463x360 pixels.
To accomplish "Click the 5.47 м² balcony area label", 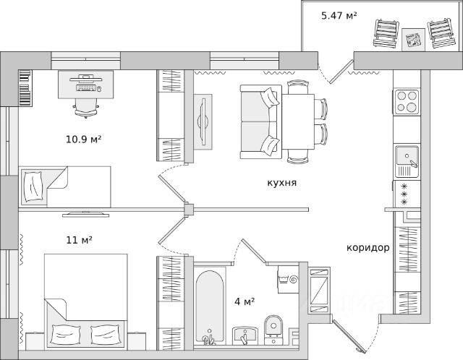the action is (x=339, y=15).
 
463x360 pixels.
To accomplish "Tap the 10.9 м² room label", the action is (x=84, y=139).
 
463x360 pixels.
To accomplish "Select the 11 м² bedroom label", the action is (x=79, y=240).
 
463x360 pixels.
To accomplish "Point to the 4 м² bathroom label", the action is (x=245, y=301).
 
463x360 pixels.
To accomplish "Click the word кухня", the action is (x=282, y=183).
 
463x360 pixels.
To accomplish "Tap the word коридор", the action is (x=368, y=247).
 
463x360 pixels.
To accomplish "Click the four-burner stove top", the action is (x=407, y=101).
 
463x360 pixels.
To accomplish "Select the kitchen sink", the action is (x=407, y=162).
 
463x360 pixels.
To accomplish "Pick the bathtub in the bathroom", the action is (x=209, y=307).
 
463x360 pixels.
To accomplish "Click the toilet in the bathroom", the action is (x=273, y=330).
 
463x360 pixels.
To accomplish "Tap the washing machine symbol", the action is (x=288, y=279).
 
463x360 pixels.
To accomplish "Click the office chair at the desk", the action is (x=86, y=108).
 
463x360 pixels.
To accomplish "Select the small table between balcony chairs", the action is (x=413, y=40).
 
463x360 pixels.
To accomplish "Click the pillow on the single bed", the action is (x=33, y=187).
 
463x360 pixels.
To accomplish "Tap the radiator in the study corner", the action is (x=25, y=88).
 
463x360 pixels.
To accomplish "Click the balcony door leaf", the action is (x=341, y=72).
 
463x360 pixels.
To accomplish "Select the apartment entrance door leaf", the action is (x=349, y=336).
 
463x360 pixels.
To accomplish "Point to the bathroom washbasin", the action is (x=245, y=335).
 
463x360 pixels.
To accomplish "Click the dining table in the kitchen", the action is (x=298, y=121).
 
